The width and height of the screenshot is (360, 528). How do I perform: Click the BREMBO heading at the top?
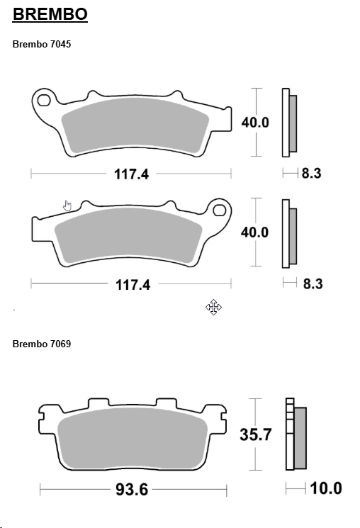click(x=50, y=14)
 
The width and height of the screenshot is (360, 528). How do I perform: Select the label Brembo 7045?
click(x=42, y=44)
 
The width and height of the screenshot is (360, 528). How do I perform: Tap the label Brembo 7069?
click(x=42, y=344)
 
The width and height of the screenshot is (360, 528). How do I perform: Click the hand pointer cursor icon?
click(x=67, y=206)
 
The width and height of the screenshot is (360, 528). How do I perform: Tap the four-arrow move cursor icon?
click(x=214, y=307)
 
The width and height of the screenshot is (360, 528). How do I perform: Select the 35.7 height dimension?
click(x=257, y=434)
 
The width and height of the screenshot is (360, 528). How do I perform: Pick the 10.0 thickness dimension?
click(x=326, y=488)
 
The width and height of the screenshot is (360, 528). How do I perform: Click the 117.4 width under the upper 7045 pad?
click(x=132, y=174)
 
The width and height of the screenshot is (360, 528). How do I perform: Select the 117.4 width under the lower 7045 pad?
click(x=133, y=284)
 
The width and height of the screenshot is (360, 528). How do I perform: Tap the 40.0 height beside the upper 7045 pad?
click(x=255, y=122)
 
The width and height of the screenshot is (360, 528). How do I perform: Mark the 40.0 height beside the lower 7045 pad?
click(x=255, y=232)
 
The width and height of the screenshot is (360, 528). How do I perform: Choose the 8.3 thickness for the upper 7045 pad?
click(x=311, y=172)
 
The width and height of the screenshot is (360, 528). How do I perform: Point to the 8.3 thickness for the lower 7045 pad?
click(x=313, y=283)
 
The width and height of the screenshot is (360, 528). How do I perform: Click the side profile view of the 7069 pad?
click(x=296, y=434)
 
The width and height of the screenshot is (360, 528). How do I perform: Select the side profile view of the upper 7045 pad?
click(x=289, y=122)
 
